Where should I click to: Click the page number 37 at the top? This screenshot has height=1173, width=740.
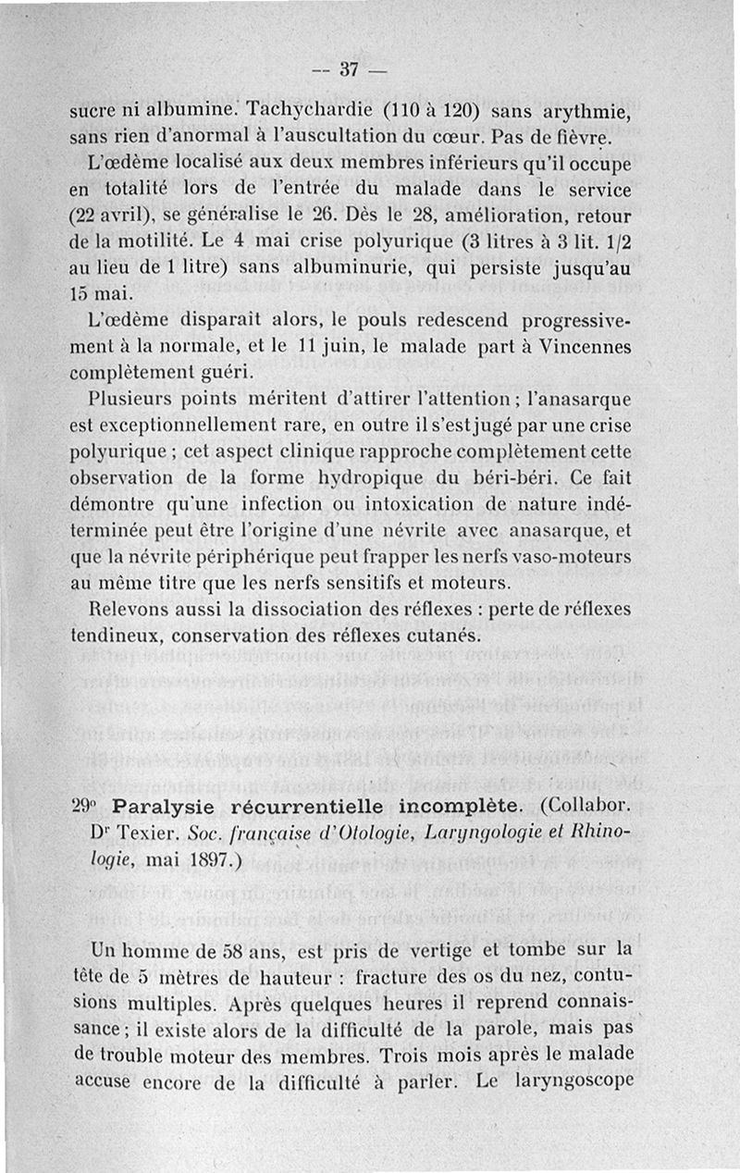[349, 69]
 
